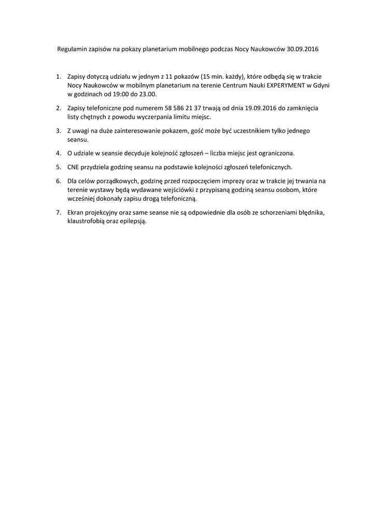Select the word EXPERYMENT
point(287,85)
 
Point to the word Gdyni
point(324,85)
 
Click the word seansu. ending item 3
point(78,140)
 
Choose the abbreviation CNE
point(74,167)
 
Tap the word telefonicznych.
point(267,167)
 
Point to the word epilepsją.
point(134,221)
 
